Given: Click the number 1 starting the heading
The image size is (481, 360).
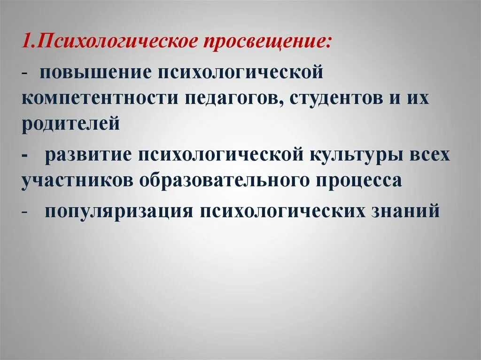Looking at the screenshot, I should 26,42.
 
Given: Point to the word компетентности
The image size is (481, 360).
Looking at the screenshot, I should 96,99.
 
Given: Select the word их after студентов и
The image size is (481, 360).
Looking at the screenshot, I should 419,99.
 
